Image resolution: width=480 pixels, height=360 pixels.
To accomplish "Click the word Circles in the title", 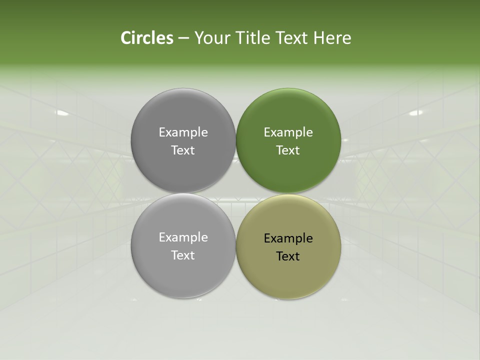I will tap(147, 38).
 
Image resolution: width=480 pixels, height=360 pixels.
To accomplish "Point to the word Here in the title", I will tap(332, 38).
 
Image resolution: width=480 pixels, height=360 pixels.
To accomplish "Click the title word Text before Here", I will tap(292, 38).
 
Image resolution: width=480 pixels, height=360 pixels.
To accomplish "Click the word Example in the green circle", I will tap(288, 132).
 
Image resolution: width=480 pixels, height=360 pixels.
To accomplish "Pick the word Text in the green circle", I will tap(288, 150).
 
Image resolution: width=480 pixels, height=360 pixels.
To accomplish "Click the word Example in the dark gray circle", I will tap(183, 132).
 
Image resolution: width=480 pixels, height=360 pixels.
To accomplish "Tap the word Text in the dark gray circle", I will tap(183, 150).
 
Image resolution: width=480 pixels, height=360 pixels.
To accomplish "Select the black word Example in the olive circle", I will tap(288, 238).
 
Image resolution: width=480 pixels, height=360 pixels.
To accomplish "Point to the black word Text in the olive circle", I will tap(288, 256).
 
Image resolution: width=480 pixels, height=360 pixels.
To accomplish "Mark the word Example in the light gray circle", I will tap(183, 237).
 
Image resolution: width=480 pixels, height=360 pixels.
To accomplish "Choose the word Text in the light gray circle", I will tap(183, 255).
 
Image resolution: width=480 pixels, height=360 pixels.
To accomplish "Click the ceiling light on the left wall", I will tap(62, 113).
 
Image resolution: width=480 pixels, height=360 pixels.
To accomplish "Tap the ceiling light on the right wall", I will tap(416, 113).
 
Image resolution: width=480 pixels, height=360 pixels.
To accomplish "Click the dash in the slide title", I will tap(183, 38).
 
